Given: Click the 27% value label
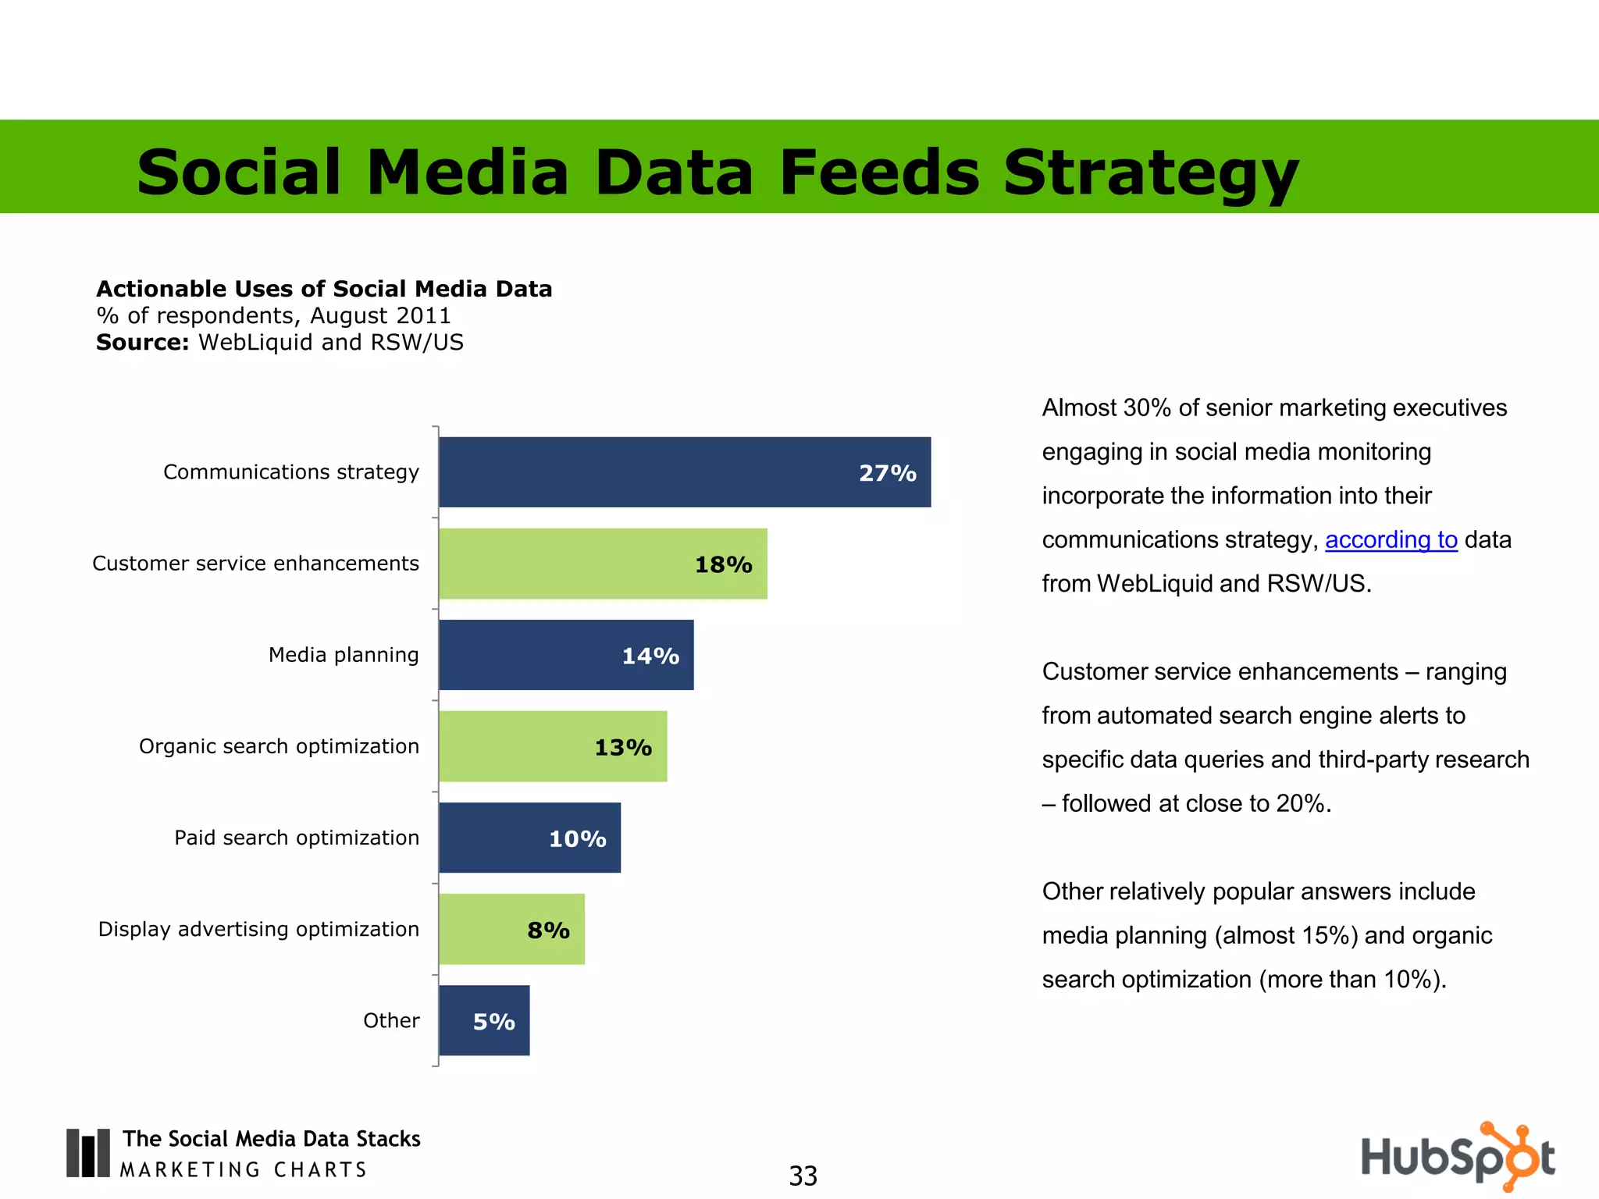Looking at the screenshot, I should pos(887,473).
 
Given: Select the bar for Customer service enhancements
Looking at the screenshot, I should pos(602,564).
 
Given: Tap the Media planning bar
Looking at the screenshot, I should pos(565,655).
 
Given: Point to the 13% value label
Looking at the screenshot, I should pos(623,747).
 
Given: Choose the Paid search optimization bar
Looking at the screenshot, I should pos(529,838).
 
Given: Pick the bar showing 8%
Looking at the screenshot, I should pos(511,929).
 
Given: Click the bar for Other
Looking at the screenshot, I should pos(483,1020).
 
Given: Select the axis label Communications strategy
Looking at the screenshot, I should pos(290,472).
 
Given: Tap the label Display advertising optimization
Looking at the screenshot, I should pos(258,929).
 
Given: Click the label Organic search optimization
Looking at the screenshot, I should pos(279,746).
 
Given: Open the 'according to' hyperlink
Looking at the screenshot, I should pos(1391,539).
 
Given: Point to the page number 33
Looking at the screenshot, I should pos(803,1176).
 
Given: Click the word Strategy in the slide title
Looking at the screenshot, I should pos(1150,172).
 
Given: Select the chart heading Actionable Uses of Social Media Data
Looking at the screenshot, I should pos(324,289).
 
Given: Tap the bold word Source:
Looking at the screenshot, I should pos(143,343).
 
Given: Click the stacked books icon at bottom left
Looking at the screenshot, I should pos(87,1152).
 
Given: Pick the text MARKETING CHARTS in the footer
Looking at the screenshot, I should pos(243,1169).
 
